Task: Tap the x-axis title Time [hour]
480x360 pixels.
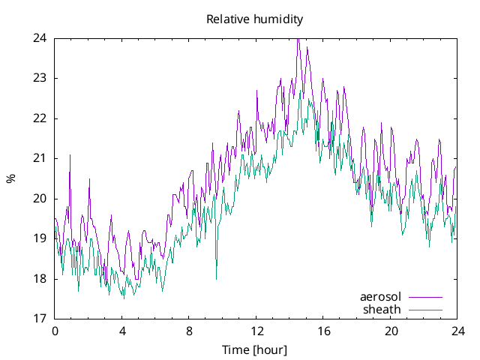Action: (254, 349)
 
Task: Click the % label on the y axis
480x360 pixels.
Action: (10, 178)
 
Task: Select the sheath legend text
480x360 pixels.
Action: (382, 309)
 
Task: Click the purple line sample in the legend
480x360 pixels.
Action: (425, 297)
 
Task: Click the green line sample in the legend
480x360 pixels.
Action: (425, 310)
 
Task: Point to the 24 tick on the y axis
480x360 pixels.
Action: (40, 38)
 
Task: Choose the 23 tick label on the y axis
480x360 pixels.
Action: (40, 78)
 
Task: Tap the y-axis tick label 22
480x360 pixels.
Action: (40, 118)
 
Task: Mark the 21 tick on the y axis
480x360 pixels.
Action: (40, 158)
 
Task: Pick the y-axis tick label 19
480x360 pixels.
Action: (40, 238)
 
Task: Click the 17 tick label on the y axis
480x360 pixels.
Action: (40, 319)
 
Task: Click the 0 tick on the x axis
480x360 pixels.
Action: (54, 331)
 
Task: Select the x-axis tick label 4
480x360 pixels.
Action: (121, 331)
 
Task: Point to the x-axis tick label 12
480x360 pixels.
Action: (256, 331)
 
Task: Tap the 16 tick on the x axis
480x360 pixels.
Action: (323, 331)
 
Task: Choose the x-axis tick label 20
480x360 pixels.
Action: (391, 331)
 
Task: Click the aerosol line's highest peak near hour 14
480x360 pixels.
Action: (298, 39)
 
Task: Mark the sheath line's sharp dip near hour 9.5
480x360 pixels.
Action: (216, 278)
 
